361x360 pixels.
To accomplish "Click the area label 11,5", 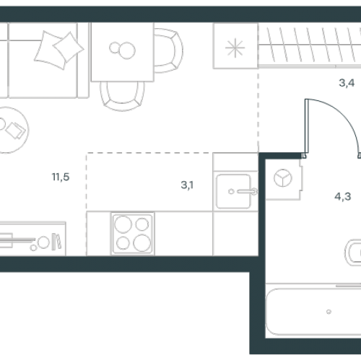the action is click(61, 177).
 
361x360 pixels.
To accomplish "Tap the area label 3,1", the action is click(187, 185).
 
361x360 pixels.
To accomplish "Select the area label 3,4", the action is click(347, 83).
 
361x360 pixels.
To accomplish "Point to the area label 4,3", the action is click(343, 196).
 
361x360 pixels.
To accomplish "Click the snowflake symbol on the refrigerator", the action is click(235, 48).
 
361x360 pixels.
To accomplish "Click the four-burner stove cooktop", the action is click(133, 233).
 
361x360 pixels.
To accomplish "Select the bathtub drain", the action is click(329, 312).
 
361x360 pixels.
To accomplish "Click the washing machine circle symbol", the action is click(283, 178).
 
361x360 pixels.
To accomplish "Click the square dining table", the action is click(122, 52).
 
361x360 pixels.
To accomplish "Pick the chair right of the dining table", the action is click(168, 51).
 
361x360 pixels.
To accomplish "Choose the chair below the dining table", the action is click(122, 96).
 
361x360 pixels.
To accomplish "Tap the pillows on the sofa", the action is click(59, 50).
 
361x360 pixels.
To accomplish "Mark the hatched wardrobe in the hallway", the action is click(310, 45).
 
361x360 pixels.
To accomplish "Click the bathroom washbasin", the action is click(353, 253).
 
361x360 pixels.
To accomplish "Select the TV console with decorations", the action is click(32, 239).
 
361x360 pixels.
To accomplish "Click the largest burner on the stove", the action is click(142, 243).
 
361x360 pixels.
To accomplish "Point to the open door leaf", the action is click(307, 128).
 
